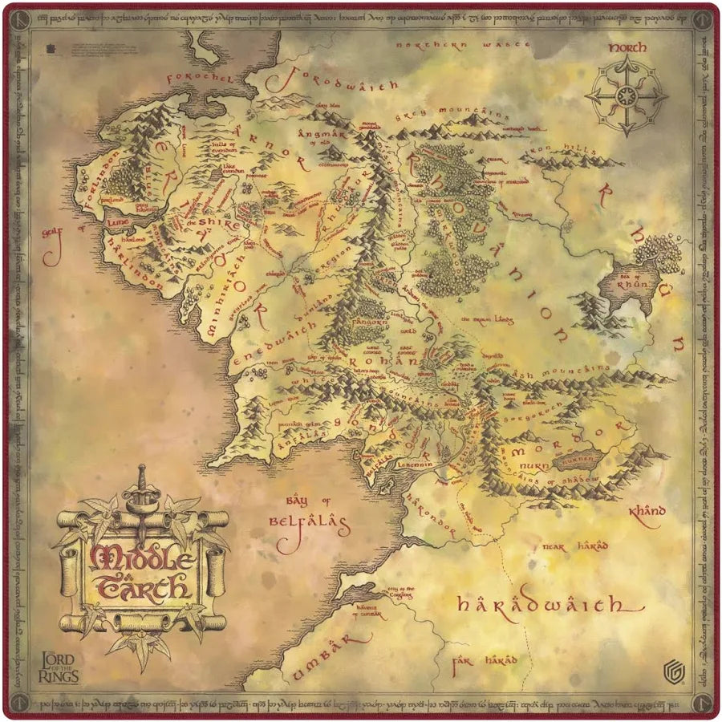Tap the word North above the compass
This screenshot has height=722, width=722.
pos(627,48)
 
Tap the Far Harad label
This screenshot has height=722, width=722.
pos(485,662)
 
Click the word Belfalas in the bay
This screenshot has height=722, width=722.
pos(309,526)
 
